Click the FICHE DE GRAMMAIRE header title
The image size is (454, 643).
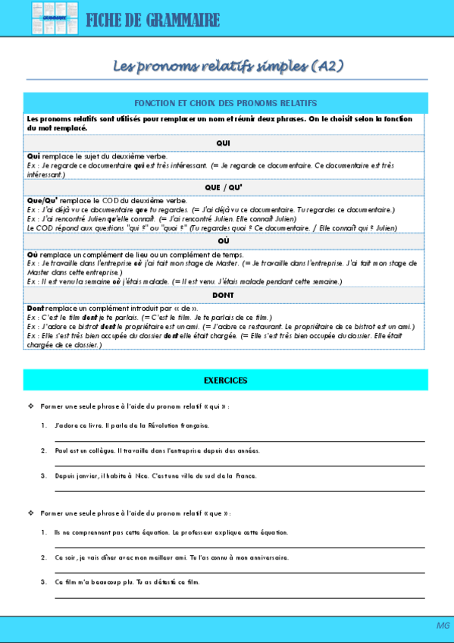click(152, 20)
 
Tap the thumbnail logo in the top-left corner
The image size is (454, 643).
click(49, 18)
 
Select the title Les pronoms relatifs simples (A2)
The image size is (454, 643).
click(228, 67)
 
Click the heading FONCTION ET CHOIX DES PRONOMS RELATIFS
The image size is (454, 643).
click(225, 102)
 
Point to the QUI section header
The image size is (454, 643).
click(224, 143)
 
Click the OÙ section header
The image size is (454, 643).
click(224, 241)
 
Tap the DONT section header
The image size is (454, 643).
click(224, 295)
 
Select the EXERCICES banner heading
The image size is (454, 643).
click(225, 380)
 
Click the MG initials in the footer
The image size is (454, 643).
click(443, 625)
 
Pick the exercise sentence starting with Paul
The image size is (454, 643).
click(156, 450)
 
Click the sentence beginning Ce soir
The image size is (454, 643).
click(171, 557)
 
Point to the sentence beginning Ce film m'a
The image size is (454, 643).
click(127, 582)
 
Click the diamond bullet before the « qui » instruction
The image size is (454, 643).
click(30, 406)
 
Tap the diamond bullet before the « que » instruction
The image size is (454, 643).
click(30, 513)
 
